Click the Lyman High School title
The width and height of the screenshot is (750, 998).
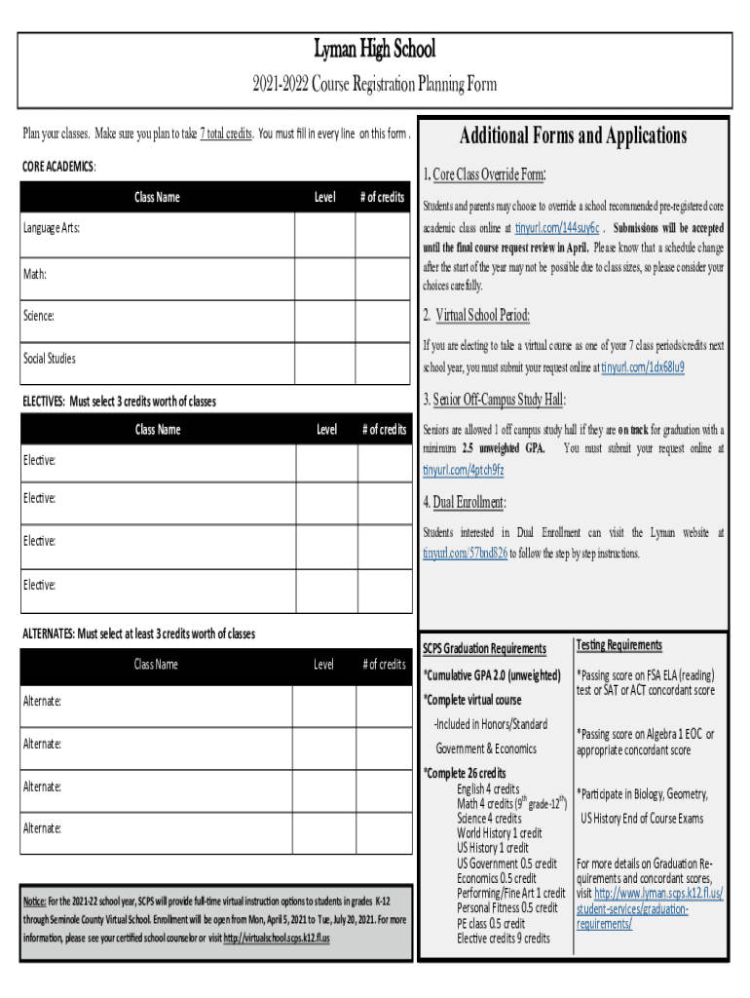(x=374, y=49)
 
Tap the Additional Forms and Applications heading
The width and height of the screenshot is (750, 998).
(x=573, y=135)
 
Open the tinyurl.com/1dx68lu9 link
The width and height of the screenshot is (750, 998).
(x=642, y=367)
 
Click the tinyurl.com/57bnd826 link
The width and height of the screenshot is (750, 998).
(x=465, y=554)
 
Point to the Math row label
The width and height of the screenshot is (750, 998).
(x=36, y=275)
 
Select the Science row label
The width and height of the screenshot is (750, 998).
(x=39, y=316)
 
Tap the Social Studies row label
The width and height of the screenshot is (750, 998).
(x=49, y=359)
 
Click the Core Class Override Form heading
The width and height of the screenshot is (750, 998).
(x=483, y=175)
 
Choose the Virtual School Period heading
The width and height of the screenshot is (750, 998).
(x=476, y=315)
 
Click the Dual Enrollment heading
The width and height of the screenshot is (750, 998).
(x=464, y=503)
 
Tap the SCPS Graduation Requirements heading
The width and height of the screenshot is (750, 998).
(x=484, y=649)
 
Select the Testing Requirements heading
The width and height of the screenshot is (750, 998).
(x=619, y=645)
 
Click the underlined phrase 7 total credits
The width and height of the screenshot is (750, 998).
(x=227, y=134)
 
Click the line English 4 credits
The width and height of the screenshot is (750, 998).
(x=488, y=789)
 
